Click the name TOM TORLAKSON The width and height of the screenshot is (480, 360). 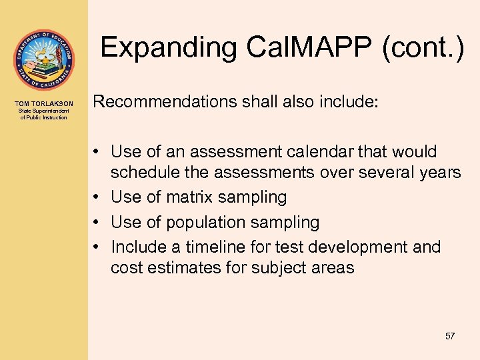pos(44,103)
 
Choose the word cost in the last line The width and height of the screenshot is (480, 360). pos(125,268)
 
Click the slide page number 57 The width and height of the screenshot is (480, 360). pos(449,336)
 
